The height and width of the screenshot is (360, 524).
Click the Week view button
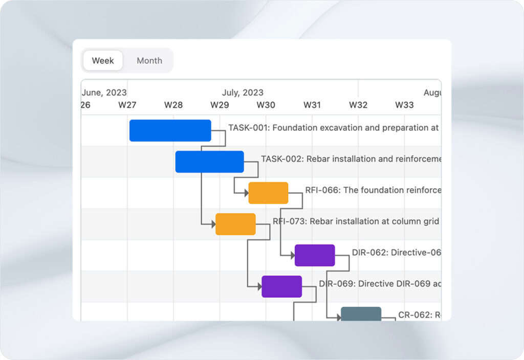[103, 60]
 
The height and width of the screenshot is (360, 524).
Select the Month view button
[149, 60]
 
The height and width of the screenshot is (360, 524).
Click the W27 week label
[127, 105]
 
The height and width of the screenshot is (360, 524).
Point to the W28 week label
[173, 105]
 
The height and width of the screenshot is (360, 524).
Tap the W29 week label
[220, 105]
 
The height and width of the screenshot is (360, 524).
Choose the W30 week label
[266, 105]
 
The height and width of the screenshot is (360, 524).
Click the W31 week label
[312, 105]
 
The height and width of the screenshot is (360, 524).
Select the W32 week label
[358, 105]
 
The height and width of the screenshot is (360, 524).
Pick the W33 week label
[404, 105]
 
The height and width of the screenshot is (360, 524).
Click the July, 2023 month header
[243, 93]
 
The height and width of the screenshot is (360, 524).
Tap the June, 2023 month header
[104, 93]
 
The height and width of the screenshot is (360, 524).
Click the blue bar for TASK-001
[170, 130]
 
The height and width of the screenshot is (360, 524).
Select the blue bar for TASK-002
[209, 162]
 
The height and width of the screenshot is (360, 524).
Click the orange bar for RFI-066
[268, 193]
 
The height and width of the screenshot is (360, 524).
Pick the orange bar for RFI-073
[235, 224]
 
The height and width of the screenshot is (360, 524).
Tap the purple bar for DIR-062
[315, 255]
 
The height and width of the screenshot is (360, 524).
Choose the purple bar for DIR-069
[281, 286]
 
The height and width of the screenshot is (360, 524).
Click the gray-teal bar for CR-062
[361, 314]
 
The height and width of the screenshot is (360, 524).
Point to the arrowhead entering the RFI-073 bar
[213, 224]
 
